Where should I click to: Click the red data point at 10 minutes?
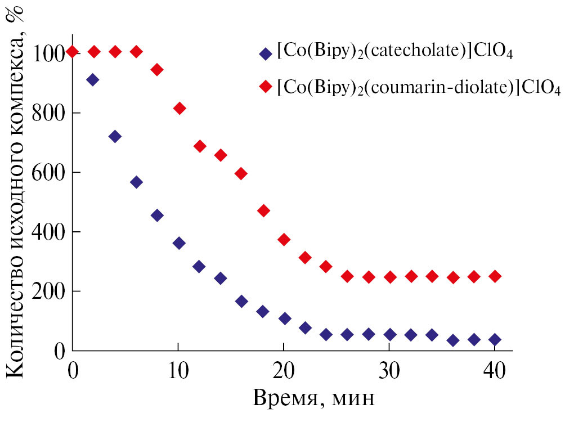pyautogui.click(x=179, y=108)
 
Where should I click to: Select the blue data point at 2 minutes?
pyautogui.click(x=93, y=80)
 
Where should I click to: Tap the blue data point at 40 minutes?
pyautogui.click(x=495, y=339)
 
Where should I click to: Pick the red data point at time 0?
pyautogui.click(x=72, y=52)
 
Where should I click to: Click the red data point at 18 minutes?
pyautogui.click(x=263, y=210)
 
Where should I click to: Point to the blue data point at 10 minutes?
pyautogui.click(x=179, y=243)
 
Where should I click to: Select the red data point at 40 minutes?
pyautogui.click(x=495, y=276)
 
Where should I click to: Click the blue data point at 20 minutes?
pyautogui.click(x=284, y=318)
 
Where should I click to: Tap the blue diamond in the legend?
pyautogui.click(x=264, y=53)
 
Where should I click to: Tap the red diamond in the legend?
pyautogui.click(x=264, y=87)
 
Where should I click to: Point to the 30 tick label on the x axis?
pyautogui.click(x=389, y=371)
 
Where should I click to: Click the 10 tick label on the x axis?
pyautogui.click(x=178, y=371)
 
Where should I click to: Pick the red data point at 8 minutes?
pyautogui.click(x=157, y=70)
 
